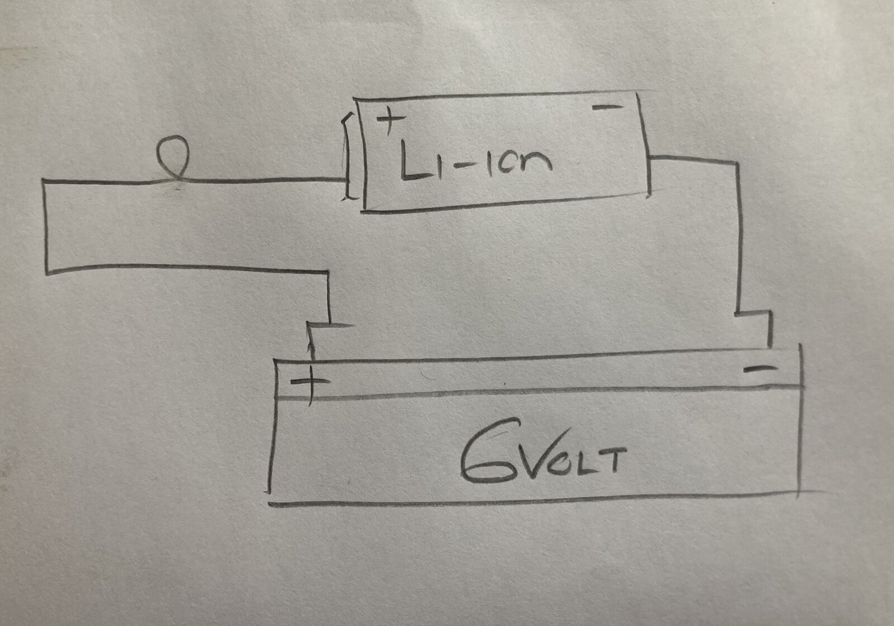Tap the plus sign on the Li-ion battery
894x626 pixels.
click(x=391, y=118)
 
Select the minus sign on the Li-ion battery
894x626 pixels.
click(x=607, y=107)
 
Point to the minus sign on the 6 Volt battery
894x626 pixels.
click(x=760, y=368)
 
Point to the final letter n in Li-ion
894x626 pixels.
click(x=538, y=161)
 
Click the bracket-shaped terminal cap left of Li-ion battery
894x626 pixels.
click(x=346, y=156)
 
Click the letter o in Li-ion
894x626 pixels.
click(x=510, y=164)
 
